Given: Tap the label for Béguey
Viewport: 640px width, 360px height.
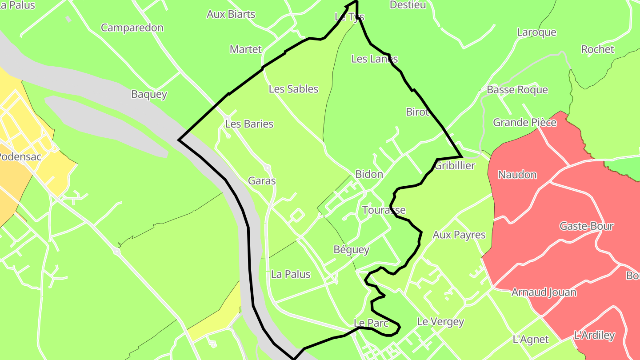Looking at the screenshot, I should click(x=352, y=250).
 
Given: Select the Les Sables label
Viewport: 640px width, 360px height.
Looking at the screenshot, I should click(x=293, y=89).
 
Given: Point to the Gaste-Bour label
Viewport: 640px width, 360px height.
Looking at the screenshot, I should click(x=586, y=226).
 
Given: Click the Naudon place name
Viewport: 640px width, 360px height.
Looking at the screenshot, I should click(x=517, y=175).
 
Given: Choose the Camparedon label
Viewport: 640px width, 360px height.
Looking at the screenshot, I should click(x=132, y=28).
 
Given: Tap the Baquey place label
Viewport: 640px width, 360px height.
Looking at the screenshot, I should click(x=149, y=94).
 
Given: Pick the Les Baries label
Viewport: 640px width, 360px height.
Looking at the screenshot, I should click(x=249, y=124).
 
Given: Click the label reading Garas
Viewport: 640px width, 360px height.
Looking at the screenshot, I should click(x=262, y=181).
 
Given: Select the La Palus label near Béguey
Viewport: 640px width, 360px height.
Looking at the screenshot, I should click(x=291, y=274).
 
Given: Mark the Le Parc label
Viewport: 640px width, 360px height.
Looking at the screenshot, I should click(x=371, y=323).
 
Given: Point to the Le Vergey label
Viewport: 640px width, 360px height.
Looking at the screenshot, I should click(x=440, y=321).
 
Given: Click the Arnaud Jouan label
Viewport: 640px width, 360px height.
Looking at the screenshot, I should click(x=544, y=292).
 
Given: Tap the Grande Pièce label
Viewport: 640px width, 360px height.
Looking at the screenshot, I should click(x=524, y=122).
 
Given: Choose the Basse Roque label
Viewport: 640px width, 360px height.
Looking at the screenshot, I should click(x=517, y=90).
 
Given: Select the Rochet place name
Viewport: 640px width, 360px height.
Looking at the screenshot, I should click(x=597, y=49).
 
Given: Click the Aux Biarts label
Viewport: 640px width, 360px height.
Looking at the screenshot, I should click(x=231, y=14).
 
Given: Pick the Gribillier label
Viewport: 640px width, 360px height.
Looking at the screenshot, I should click(x=455, y=166).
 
